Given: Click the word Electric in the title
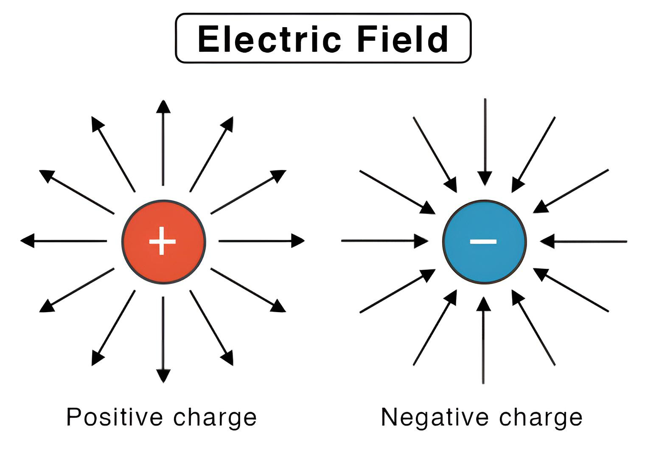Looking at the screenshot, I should click(x=269, y=39).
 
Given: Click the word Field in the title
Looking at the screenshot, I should click(x=402, y=39).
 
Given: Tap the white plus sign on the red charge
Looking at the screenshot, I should click(x=163, y=241).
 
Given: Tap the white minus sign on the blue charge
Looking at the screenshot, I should click(x=483, y=241).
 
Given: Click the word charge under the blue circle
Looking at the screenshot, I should click(x=541, y=418).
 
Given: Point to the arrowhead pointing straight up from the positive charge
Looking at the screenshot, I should click(x=163, y=107).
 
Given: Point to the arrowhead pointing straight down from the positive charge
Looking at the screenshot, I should click(x=163, y=375).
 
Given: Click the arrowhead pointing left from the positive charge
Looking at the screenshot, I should click(x=28, y=241).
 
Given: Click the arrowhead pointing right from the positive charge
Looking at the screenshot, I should click(x=297, y=241).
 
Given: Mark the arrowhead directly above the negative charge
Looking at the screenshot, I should click(x=485, y=178).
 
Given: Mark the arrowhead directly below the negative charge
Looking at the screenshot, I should click(x=483, y=304).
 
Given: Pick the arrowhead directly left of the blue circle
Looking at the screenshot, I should click(x=421, y=241).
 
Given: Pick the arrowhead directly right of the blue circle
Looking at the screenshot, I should click(x=547, y=241).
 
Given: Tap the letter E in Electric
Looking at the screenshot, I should click(x=208, y=39).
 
